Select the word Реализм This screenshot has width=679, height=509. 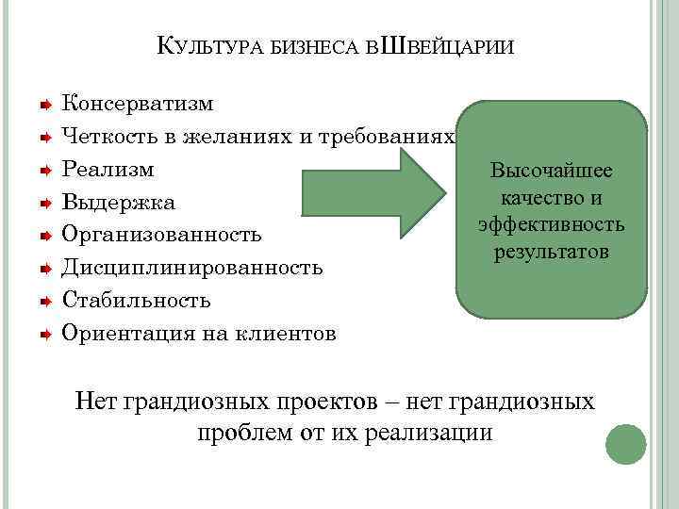coord(108,170)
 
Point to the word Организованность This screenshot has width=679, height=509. coord(161,235)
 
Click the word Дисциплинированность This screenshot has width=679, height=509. coord(192,268)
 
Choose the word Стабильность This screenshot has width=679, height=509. coord(137,300)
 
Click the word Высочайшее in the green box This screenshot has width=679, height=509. coord(552,172)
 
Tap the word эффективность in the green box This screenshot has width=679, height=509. coord(552,225)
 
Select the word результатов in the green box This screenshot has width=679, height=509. coord(552,253)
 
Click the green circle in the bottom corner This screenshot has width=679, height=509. coord(625,444)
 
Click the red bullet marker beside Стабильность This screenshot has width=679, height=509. coord(44,300)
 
